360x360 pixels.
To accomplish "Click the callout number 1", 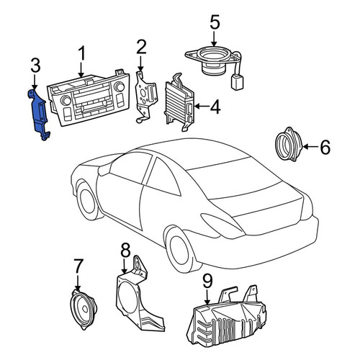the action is (x=82, y=53).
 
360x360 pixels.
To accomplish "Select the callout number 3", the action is (x=35, y=65).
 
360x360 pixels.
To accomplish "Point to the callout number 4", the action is (x=215, y=107).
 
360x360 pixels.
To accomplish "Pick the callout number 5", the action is (x=215, y=22).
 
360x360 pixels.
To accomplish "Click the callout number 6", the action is (x=325, y=147).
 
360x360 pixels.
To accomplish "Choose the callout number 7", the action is (x=78, y=266).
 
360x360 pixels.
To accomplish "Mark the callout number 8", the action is (x=125, y=250).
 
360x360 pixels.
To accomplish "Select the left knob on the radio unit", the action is (x=66, y=100).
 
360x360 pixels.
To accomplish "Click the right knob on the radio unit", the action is (x=120, y=86).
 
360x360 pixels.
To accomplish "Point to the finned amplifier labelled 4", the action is (x=179, y=103).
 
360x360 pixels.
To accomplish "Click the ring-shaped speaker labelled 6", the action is (x=289, y=144).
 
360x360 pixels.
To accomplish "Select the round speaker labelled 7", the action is (x=84, y=309).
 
